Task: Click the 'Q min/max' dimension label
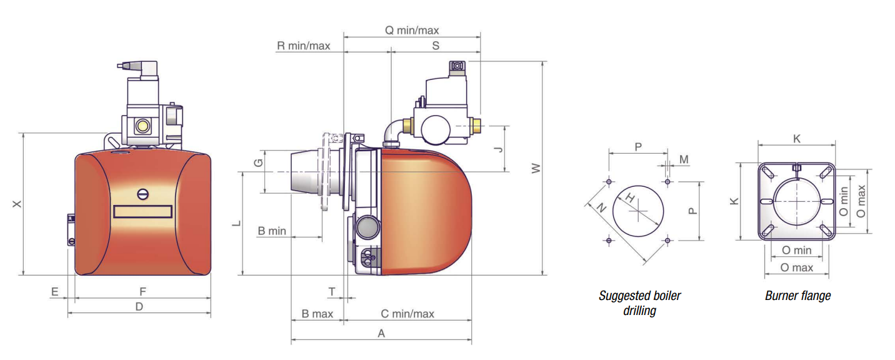(411, 31)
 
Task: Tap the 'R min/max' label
(303, 46)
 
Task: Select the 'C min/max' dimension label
(407, 314)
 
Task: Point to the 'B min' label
(272, 231)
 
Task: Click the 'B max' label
(317, 314)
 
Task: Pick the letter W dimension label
(536, 168)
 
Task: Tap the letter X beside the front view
(17, 204)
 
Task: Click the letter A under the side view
(381, 333)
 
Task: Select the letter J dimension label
(498, 149)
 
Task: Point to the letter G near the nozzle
(259, 163)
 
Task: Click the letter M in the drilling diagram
(684, 159)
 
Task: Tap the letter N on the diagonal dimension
(601, 207)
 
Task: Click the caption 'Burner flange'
(798, 296)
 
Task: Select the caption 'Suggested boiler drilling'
(639, 303)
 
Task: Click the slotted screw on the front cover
(142, 194)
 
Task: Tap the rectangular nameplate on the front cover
(142, 211)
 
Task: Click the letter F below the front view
(142, 292)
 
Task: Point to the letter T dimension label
(332, 292)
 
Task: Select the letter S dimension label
(436, 46)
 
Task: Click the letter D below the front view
(139, 306)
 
